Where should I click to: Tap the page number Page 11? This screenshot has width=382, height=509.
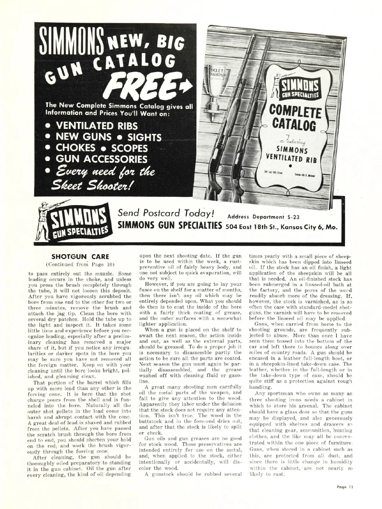345,487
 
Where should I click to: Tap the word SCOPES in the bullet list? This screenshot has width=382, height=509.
132,148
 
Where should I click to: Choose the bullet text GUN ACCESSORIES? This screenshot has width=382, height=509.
102,159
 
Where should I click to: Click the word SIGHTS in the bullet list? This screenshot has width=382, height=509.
145,137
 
